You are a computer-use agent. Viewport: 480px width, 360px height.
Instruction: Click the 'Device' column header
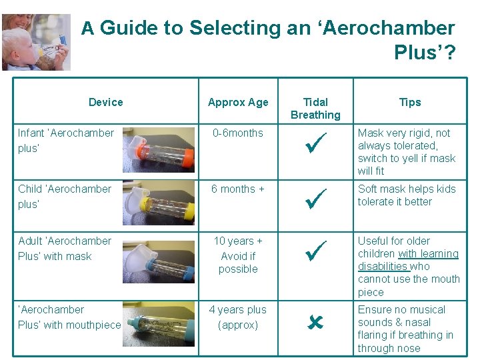coord(105,102)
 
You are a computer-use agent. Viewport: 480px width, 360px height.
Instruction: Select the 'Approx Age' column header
coord(238,102)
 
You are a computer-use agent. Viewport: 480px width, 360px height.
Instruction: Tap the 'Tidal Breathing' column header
coord(315,108)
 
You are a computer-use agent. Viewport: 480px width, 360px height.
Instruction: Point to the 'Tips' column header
coord(410,102)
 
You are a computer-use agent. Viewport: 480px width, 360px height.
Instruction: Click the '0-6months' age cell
coord(238,133)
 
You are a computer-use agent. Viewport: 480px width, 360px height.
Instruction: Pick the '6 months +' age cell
coord(238,189)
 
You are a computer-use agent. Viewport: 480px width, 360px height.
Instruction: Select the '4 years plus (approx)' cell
coord(238,317)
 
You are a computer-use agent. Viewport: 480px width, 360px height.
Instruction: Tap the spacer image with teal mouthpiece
coord(159,327)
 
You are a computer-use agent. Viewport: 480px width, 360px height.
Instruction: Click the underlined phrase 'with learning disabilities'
coord(408,260)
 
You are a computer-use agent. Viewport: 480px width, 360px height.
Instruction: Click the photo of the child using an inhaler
coord(36,42)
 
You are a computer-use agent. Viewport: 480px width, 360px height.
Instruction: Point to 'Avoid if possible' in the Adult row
coord(238,263)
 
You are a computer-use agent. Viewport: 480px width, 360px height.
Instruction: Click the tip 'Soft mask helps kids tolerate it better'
coord(407,195)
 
